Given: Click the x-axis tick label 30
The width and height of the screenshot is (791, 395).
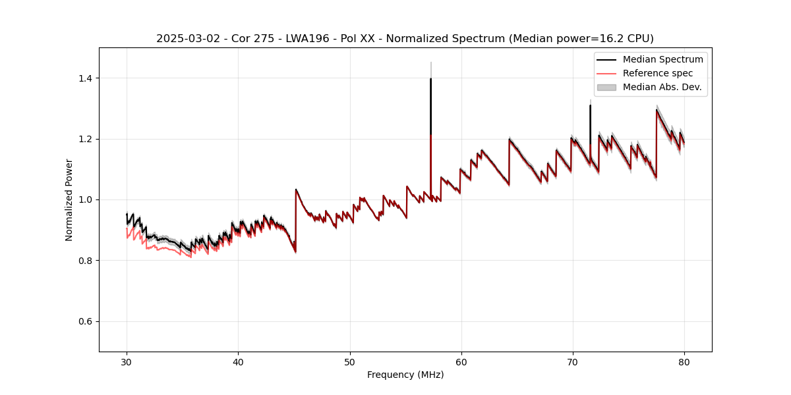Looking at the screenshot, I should [x=127, y=362].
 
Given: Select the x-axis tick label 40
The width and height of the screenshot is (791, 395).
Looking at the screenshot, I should [x=239, y=362].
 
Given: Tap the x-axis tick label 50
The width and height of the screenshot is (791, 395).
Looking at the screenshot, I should [x=350, y=362].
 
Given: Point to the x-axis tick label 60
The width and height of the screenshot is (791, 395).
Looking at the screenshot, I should [x=461, y=362].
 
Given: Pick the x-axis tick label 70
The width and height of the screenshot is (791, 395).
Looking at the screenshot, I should [x=573, y=362].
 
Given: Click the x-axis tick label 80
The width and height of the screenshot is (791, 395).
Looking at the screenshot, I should [x=684, y=362].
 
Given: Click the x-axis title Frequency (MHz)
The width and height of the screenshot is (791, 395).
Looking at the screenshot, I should [x=405, y=375].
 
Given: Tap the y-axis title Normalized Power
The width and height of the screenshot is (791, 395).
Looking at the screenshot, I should [x=69, y=199].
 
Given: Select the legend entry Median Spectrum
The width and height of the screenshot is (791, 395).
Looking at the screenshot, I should [x=662, y=59].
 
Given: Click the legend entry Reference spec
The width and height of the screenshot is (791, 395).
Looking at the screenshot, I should [x=658, y=73].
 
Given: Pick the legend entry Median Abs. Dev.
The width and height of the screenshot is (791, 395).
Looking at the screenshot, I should [x=662, y=87].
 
